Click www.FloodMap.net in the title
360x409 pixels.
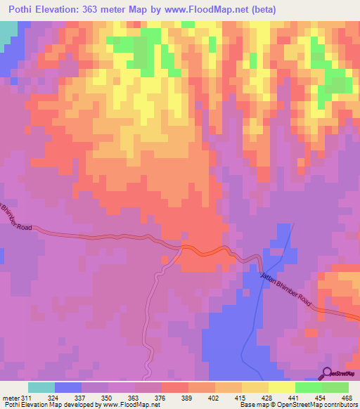207,10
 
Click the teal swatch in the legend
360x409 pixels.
41,388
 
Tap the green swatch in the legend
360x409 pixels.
335,388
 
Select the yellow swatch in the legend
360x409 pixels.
281,388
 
